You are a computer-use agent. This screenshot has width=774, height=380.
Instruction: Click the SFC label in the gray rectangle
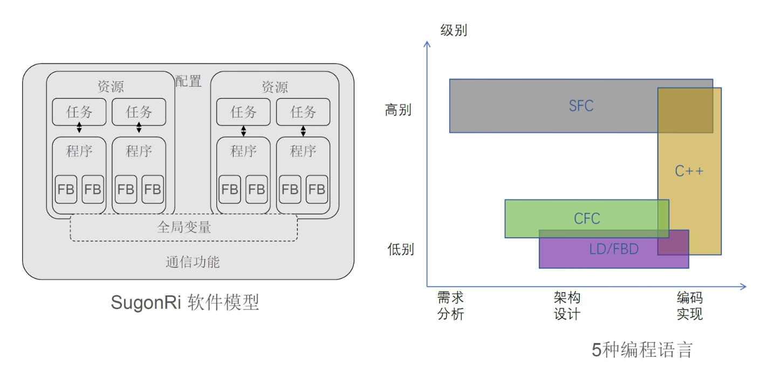pyautogui.click(x=581, y=106)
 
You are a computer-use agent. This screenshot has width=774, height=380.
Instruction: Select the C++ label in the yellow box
pyautogui.click(x=689, y=171)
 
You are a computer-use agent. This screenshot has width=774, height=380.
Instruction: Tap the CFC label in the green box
pyautogui.click(x=587, y=218)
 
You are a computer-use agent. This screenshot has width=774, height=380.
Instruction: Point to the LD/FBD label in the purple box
pyautogui.click(x=614, y=248)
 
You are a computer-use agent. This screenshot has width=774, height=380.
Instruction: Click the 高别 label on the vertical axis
pyautogui.click(x=398, y=110)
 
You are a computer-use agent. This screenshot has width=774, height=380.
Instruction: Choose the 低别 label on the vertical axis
pyautogui.click(x=400, y=250)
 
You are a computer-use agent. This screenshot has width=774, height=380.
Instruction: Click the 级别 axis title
pyautogui.click(x=454, y=30)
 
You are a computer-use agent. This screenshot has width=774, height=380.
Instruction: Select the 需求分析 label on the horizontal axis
pyautogui.click(x=450, y=306)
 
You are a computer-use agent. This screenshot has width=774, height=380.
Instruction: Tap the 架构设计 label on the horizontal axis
pyautogui.click(x=567, y=306)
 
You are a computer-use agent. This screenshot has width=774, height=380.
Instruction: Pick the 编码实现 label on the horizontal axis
pyautogui.click(x=689, y=306)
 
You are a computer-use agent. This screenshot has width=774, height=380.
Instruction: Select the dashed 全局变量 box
pyautogui.click(x=184, y=227)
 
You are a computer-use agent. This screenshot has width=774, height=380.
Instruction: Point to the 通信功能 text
pyautogui.click(x=193, y=262)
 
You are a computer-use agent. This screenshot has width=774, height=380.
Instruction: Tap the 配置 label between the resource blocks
pyautogui.click(x=188, y=81)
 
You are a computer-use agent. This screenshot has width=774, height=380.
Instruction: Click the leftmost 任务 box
pyautogui.click(x=79, y=112)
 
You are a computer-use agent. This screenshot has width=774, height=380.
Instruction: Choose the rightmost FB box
pyautogui.click(x=317, y=189)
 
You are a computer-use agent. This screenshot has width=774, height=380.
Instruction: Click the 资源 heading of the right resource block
pyautogui.click(x=275, y=87)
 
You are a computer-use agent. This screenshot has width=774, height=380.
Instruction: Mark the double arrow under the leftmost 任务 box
pyautogui.click(x=79, y=128)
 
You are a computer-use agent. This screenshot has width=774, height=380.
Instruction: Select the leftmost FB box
pyautogui.click(x=66, y=189)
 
